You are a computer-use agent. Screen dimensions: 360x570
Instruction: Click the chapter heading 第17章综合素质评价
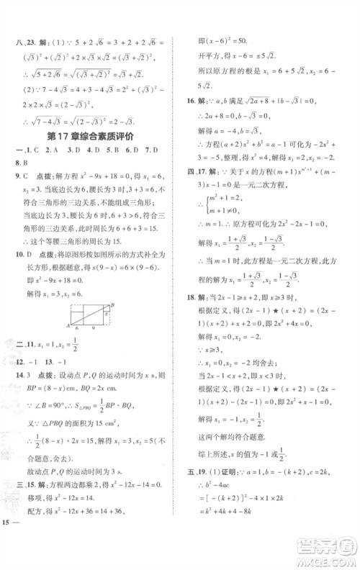click(x=94, y=137)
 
